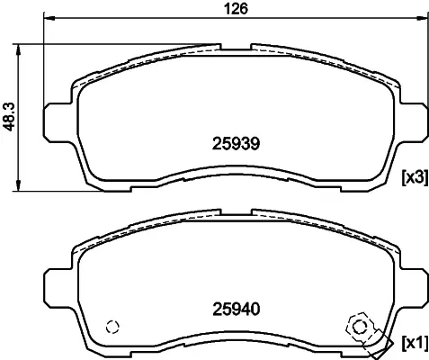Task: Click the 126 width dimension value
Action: (237, 9)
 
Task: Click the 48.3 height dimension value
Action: (9, 117)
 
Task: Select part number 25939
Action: (236, 144)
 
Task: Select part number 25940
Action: (236, 310)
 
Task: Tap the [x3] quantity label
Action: (415, 177)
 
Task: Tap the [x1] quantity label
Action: (415, 342)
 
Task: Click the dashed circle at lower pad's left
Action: (112, 327)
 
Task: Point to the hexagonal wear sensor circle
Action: (359, 327)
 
